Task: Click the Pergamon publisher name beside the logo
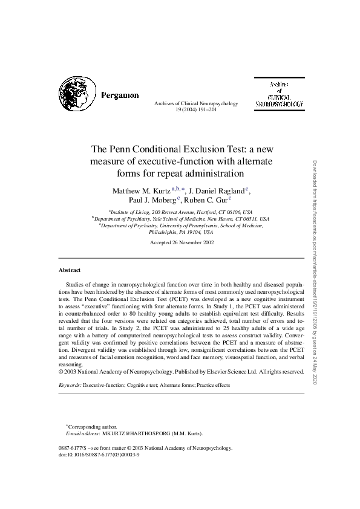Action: (x=119, y=95)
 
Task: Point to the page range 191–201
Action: (x=204, y=110)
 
